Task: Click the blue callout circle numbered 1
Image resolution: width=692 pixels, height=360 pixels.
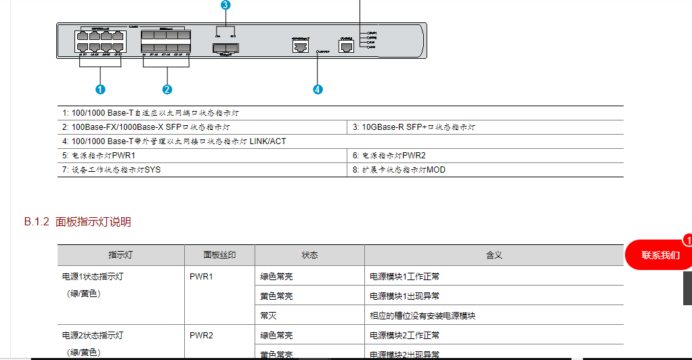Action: pyautogui.click(x=100, y=89)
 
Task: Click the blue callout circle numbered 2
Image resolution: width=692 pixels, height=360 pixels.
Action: pyautogui.click(x=167, y=89)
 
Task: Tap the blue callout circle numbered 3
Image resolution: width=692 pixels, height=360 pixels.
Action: pyautogui.click(x=225, y=5)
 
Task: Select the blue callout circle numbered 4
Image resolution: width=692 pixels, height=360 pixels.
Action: pyautogui.click(x=318, y=89)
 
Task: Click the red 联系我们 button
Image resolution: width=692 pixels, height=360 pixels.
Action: pyautogui.click(x=660, y=255)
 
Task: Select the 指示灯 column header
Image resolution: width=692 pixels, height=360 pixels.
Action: pyautogui.click(x=121, y=255)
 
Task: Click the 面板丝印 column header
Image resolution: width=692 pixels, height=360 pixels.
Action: pyautogui.click(x=219, y=255)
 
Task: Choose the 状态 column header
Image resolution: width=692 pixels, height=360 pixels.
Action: pyautogui.click(x=309, y=255)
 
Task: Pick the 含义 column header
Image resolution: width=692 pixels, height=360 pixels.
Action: pyautogui.click(x=494, y=255)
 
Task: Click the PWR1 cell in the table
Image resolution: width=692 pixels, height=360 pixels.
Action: pyautogui.click(x=201, y=277)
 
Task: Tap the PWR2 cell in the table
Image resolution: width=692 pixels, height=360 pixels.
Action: pyautogui.click(x=201, y=335)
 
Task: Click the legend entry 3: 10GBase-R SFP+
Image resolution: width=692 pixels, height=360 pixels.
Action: pyautogui.click(x=414, y=127)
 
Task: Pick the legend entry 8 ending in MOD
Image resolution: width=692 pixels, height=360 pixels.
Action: pyautogui.click(x=399, y=170)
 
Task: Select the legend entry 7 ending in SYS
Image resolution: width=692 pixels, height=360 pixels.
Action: pyautogui.click(x=112, y=170)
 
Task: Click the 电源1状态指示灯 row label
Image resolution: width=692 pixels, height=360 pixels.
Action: pyautogui.click(x=93, y=277)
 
